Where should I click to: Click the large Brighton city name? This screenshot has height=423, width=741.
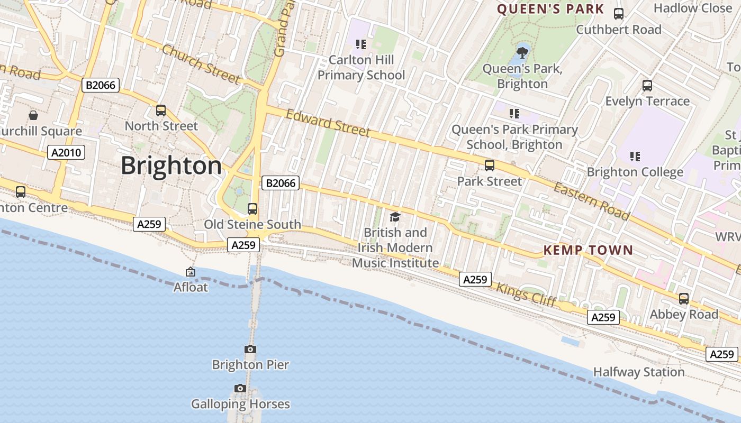pos(171,166)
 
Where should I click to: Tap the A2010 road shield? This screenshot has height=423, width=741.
pos(66,153)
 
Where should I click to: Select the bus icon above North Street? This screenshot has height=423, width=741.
pos(161,111)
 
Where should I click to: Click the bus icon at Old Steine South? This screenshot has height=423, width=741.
pos(252,208)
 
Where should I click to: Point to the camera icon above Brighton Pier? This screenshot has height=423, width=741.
pos(250,349)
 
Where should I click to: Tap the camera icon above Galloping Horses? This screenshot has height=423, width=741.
pos(240,389)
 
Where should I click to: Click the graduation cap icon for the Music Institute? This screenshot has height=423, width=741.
pos(395,217)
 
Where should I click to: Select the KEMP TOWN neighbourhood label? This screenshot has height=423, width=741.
pos(588,250)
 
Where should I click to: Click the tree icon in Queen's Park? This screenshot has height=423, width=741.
pos(522,52)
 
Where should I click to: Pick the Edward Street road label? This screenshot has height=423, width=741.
pos(328,123)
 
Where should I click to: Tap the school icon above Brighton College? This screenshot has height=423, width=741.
pos(635,157)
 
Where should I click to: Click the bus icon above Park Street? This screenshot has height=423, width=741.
pos(490,165)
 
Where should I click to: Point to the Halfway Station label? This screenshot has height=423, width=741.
pos(639,372)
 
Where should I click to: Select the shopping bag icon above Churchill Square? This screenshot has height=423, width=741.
pos(33,115)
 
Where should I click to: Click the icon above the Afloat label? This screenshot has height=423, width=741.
pos(191,272)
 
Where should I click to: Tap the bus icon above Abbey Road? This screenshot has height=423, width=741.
pos(684,299)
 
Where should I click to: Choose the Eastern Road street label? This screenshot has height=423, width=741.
pos(592,201)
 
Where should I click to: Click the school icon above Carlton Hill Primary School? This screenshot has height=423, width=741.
pos(361,44)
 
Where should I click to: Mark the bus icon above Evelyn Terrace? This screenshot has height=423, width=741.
pos(647,85)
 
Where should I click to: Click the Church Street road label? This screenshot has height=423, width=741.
pos(201,64)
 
